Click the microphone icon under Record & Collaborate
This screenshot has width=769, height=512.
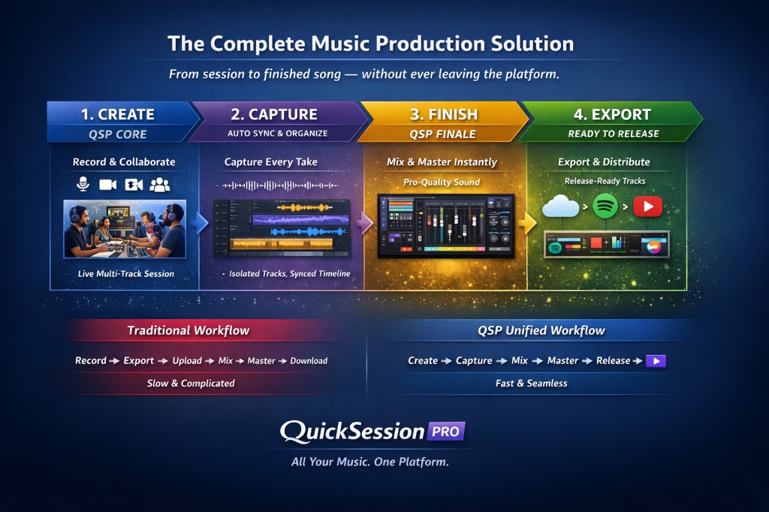pyautogui.click(x=83, y=184)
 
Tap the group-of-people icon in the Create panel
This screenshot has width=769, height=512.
pyautogui.click(x=160, y=184)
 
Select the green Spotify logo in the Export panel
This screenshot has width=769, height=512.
pyautogui.click(x=605, y=206)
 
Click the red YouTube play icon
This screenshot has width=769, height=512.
pyautogui.click(x=647, y=206)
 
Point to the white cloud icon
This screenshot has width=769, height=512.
pyautogui.click(x=561, y=206)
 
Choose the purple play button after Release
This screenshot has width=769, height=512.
pyautogui.click(x=656, y=361)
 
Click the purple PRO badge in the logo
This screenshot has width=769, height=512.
pyautogui.click(x=447, y=431)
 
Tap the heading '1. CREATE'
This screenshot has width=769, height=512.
pyautogui.click(x=117, y=114)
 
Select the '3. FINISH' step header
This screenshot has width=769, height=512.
pyautogui.click(x=443, y=114)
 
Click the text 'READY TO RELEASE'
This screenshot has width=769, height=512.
pyautogui.click(x=614, y=134)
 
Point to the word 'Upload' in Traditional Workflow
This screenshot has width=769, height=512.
pyautogui.click(x=187, y=361)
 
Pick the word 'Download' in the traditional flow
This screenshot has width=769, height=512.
pyautogui.click(x=309, y=361)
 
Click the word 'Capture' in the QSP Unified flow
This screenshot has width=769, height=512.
pyautogui.click(x=475, y=361)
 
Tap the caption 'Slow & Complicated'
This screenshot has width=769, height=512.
pyautogui.click(x=191, y=384)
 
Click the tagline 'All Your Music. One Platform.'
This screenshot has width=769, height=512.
pyautogui.click(x=370, y=462)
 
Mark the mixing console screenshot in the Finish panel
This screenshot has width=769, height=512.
pyautogui.click(x=445, y=226)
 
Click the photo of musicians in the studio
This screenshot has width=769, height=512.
pyautogui.click(x=125, y=229)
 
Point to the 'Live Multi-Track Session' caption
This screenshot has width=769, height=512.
pyautogui.click(x=126, y=274)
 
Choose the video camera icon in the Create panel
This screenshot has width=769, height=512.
pyautogui.click(x=108, y=184)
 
